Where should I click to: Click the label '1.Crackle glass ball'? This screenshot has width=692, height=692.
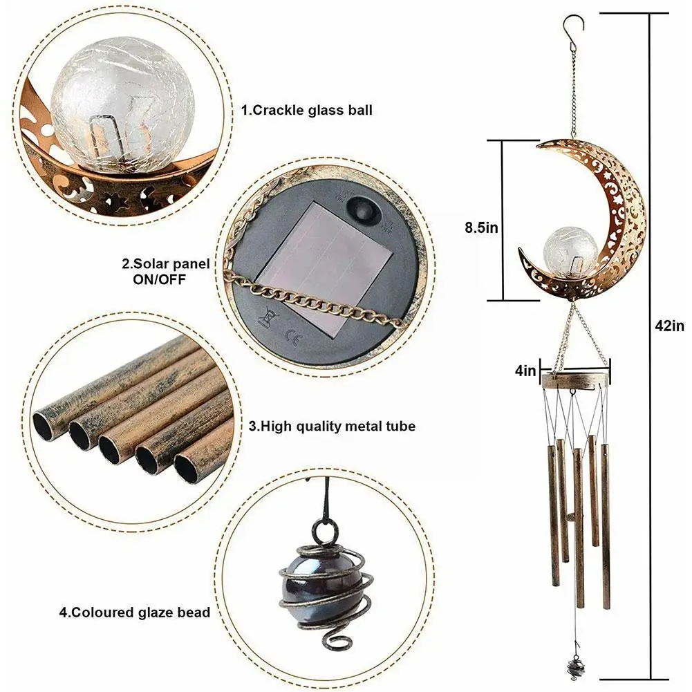point(306,109)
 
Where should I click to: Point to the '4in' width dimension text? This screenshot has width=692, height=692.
point(525,372)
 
